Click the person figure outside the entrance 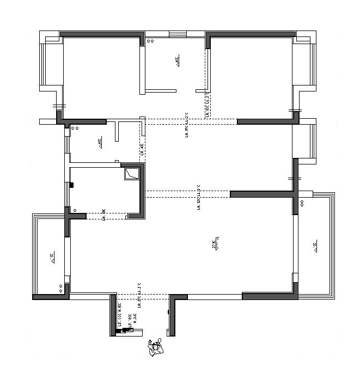pos(156,346)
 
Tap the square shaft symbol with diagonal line pos(132,174)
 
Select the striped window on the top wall pos(177,34)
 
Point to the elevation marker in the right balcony pos(315,246)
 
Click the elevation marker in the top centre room pos(178,61)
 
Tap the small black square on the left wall pos(71,186)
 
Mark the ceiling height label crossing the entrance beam pos(139,293)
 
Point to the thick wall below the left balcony pos(50,297)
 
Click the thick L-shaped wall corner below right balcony pos(272,296)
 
